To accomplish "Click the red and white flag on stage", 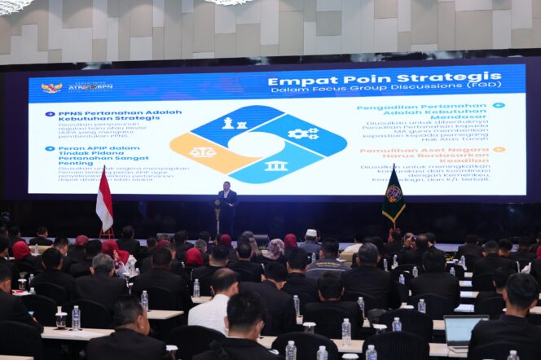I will (x=104, y=200).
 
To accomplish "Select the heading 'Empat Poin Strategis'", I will (x=385, y=79).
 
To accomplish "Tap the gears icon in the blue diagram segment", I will (x=302, y=134).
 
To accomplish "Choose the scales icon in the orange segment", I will (x=202, y=152).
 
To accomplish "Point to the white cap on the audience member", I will (x=311, y=232).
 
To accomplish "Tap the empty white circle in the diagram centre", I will (x=257, y=144).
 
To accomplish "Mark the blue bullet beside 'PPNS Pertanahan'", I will (x=50, y=114).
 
